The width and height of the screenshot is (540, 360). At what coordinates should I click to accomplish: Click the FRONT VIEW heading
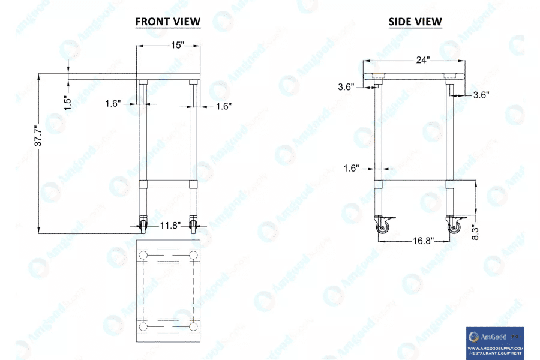[x=168, y=22]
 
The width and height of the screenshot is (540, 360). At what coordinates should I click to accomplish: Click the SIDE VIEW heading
[x=415, y=22]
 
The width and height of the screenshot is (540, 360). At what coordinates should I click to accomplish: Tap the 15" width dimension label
[x=178, y=45]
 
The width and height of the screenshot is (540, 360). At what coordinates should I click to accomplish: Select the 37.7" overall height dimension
[x=38, y=135]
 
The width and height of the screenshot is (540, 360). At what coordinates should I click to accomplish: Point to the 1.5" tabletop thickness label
[x=68, y=103]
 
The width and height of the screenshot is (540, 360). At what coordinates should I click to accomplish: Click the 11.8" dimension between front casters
[x=170, y=226]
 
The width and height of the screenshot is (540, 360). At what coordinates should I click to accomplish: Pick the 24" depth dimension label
[x=422, y=60]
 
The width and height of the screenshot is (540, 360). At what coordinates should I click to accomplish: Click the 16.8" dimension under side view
[x=423, y=241]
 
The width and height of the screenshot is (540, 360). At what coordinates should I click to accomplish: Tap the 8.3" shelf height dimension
[x=475, y=233]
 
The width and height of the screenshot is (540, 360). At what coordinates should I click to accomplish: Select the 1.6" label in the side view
[x=351, y=168]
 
